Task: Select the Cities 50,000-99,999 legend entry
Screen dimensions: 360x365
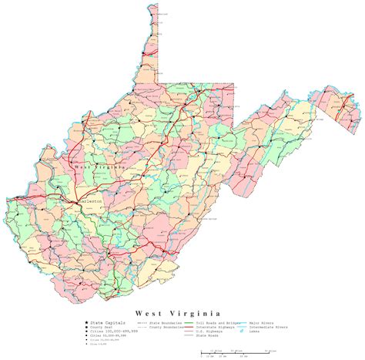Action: click(104, 318)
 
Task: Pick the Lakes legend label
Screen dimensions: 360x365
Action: click(254, 311)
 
